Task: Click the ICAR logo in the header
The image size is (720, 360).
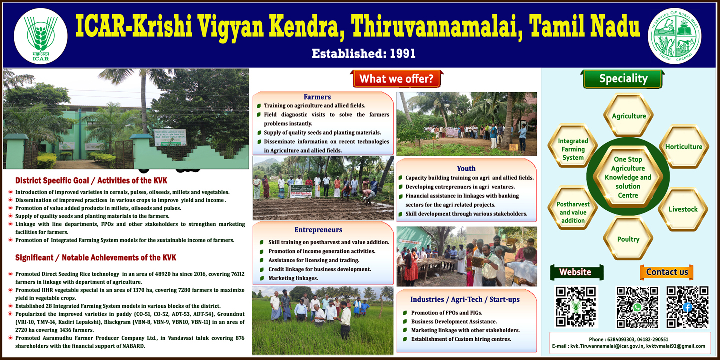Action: click(41, 36)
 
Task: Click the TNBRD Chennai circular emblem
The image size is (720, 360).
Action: click(674, 36)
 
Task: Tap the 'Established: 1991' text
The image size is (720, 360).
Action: click(364, 53)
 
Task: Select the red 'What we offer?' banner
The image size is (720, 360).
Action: click(396, 79)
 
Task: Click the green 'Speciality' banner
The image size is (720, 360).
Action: click(623, 79)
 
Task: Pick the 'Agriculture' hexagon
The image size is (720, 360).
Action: click(628, 116)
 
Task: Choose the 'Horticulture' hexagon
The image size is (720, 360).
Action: click(683, 147)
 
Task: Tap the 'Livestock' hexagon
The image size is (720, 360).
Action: click(683, 209)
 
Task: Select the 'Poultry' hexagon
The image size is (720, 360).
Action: click(628, 239)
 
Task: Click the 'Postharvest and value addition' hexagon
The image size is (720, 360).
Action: click(573, 212)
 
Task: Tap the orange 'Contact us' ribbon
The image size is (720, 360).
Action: click(667, 272)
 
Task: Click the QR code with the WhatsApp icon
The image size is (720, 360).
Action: click(637, 307)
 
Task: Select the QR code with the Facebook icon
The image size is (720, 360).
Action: click(687, 307)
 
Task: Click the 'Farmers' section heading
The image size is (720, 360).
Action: click(317, 97)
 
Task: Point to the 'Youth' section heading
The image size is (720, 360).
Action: click(466, 168)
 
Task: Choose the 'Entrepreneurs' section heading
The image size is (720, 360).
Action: click(318, 230)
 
